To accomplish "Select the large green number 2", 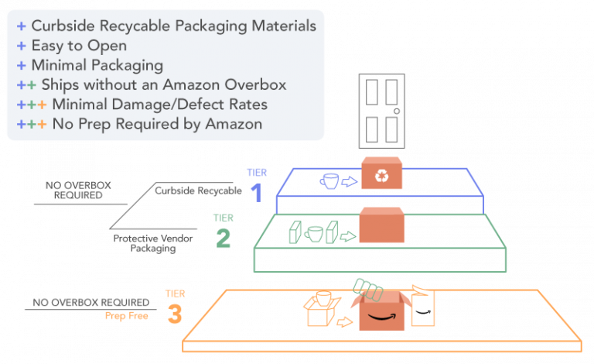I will click(223, 239).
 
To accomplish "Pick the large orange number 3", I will click(175, 314).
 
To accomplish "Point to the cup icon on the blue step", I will click(329, 182).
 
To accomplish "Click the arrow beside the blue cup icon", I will click(349, 183).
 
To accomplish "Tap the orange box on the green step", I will click(382, 225).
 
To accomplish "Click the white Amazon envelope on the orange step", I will click(422, 307).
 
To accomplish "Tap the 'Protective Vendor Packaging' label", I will click(152, 243).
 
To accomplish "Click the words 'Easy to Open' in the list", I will click(79, 46).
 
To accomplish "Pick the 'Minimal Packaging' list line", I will click(97, 65).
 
